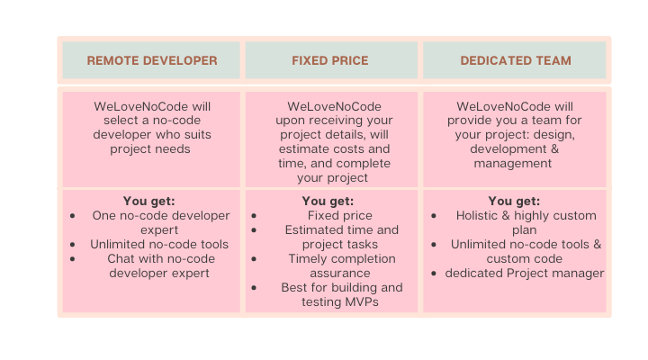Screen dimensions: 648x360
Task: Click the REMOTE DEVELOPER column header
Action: coord(152,61)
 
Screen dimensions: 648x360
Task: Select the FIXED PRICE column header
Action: coord(329,61)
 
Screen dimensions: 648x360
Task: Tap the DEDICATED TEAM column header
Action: coord(516,61)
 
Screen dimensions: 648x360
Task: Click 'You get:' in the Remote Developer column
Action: coord(149,202)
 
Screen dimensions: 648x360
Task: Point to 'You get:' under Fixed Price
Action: coord(328,202)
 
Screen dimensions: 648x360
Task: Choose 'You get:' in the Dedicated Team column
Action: coord(514,202)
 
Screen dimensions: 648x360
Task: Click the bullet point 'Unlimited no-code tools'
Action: coord(159,244)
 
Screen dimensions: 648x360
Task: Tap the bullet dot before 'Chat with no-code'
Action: coord(73,259)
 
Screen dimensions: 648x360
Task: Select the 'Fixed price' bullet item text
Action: coord(339,215)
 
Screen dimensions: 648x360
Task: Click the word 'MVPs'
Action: coord(362,301)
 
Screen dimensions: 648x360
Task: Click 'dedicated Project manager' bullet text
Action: coord(525,274)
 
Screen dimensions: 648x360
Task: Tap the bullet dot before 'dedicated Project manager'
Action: coord(434,274)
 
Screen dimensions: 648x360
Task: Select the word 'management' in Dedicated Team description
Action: coord(512,164)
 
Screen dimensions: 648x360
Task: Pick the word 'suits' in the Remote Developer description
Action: coord(196,135)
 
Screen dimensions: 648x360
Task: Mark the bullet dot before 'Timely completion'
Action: coord(254,259)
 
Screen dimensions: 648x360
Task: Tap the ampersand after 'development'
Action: coord(554,148)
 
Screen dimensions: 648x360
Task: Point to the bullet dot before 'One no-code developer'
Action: coord(73,216)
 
